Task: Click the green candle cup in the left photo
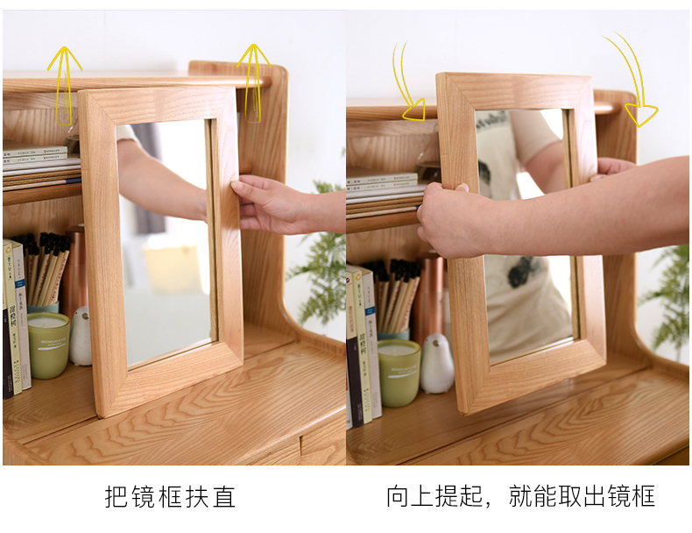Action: [x=48, y=345]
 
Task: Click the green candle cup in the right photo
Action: [x=399, y=373]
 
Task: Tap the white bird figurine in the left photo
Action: [x=81, y=337]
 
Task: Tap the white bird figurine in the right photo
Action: [x=436, y=364]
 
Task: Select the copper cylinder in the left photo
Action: [x=74, y=269]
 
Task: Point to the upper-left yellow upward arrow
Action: [x=65, y=84]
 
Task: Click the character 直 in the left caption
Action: [x=224, y=497]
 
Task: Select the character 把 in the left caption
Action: [x=116, y=497]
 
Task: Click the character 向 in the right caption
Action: [x=398, y=496]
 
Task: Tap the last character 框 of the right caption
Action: [x=644, y=496]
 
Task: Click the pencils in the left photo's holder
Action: [x=43, y=267]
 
